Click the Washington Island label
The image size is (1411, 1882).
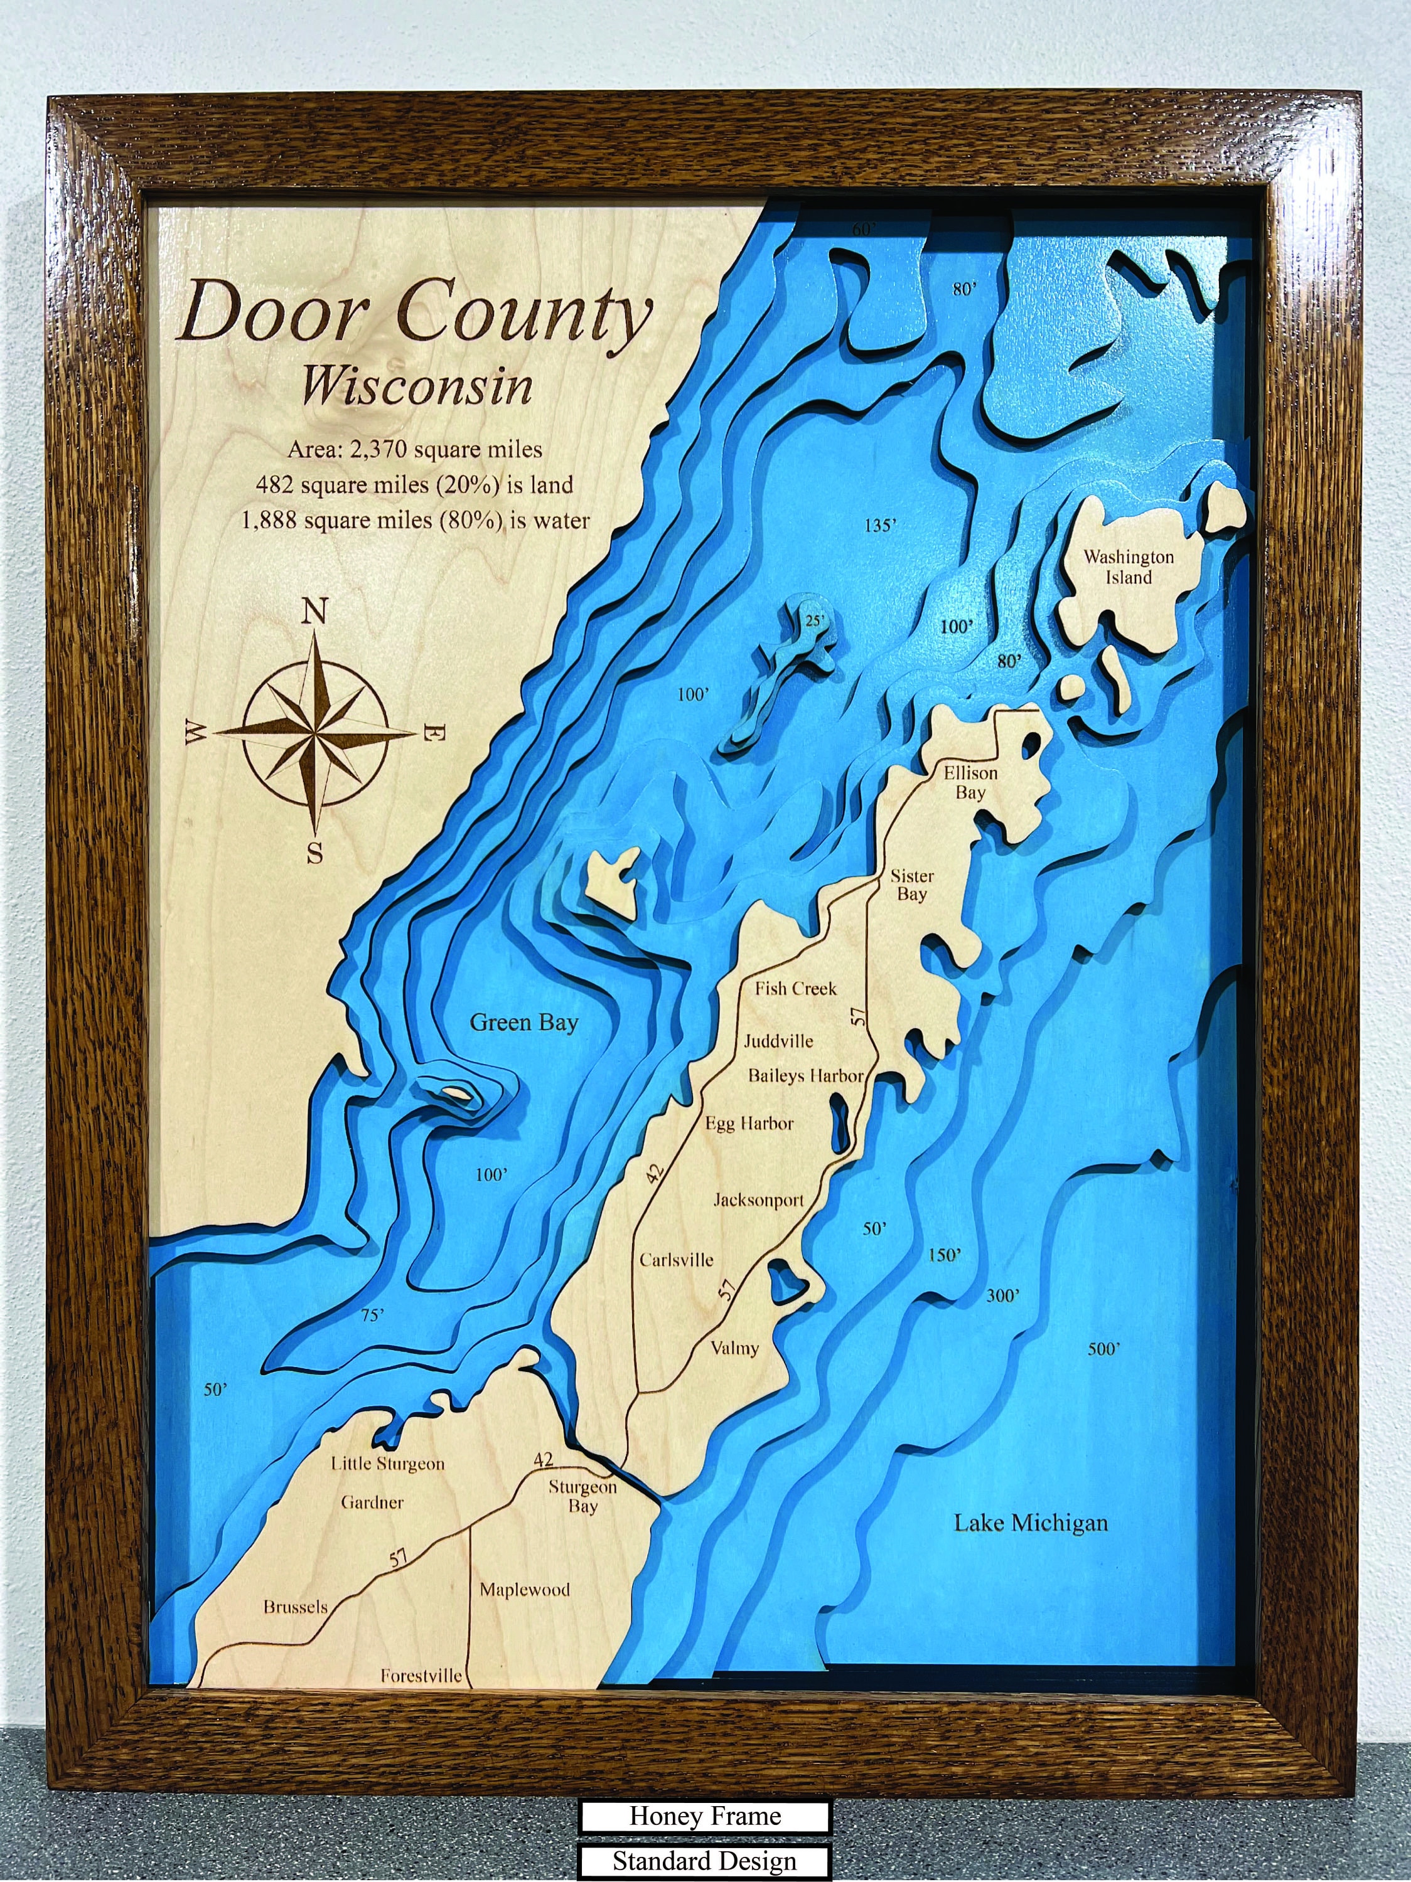pos(1129,568)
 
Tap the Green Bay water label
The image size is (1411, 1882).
pos(523,1022)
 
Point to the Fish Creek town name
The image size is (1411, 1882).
pos(796,989)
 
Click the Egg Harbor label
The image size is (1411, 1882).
pos(749,1123)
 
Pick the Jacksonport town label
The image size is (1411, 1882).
pos(758,1201)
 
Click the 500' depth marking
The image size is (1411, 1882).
pos(1105,1349)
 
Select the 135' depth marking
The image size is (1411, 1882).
pos(880,526)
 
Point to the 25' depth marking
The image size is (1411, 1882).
pos(815,621)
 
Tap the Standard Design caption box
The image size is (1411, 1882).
pos(705,1861)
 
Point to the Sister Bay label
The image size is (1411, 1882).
pos(911,885)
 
